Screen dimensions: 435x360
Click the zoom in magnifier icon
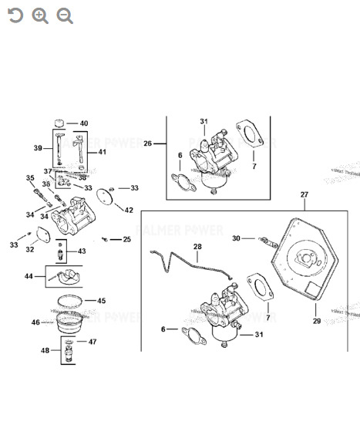tap(40, 16)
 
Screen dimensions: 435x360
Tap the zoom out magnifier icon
tap(65, 16)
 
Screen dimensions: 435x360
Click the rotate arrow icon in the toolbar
tap(15, 16)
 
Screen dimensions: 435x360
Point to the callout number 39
tap(37, 148)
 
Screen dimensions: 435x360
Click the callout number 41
tap(103, 152)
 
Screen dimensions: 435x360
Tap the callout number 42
tap(129, 210)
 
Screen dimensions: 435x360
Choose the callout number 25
tap(126, 239)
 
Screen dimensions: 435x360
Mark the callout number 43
tap(82, 251)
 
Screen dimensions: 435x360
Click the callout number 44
tap(29, 275)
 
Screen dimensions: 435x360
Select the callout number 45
tap(101, 301)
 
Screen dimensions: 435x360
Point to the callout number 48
tap(45, 351)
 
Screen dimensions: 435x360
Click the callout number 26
tap(148, 143)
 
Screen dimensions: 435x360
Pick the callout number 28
tap(197, 247)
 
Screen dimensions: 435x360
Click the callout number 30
tap(237, 238)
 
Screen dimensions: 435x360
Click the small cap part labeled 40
tap(61, 123)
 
